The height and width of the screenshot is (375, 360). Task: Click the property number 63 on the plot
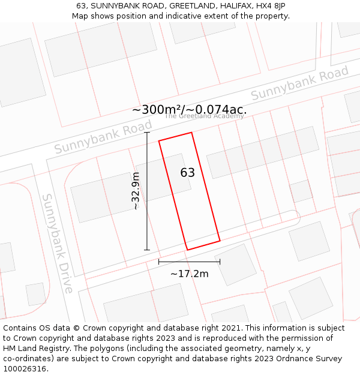coord(188,173)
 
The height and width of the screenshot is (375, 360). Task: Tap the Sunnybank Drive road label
coord(57,243)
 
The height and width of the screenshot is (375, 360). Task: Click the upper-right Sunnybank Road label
coord(299,84)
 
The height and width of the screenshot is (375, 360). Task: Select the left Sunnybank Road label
coord(103,137)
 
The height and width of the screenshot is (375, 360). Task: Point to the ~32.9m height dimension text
coord(136,191)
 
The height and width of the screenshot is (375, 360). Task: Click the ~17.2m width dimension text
coord(190,274)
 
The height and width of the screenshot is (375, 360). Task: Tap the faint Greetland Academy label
coord(204,116)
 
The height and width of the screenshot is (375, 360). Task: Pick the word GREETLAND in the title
coord(194,6)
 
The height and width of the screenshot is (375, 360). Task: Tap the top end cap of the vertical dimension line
coord(147,133)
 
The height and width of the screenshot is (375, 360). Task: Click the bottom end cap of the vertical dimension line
coord(147,250)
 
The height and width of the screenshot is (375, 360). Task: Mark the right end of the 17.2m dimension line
coord(220,262)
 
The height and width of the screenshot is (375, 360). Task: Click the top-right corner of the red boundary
coord(191,133)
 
